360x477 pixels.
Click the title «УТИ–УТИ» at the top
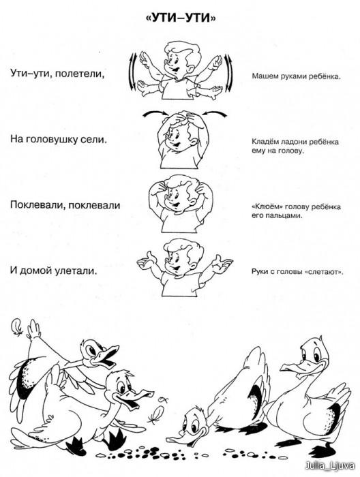(181, 18)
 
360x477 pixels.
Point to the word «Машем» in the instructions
(262, 76)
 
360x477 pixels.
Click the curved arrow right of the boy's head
(215, 113)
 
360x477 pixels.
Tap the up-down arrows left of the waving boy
(133, 72)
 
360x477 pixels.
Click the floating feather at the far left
(17, 327)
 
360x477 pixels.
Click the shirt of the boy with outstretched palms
(181, 284)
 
